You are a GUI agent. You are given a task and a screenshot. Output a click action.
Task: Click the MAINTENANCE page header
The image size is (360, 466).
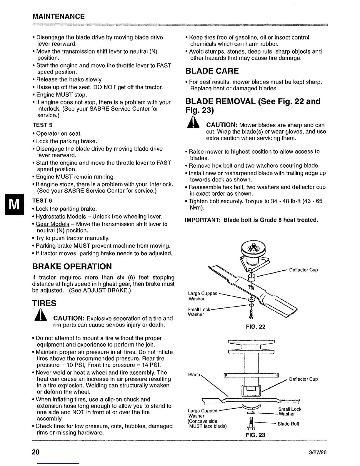(x=59, y=16)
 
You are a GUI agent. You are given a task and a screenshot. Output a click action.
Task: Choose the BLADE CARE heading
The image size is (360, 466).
(x=212, y=71)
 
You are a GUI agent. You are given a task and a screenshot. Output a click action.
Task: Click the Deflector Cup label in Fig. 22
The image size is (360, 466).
(x=303, y=270)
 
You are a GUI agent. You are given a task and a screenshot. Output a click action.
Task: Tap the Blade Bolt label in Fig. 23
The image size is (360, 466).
(x=289, y=424)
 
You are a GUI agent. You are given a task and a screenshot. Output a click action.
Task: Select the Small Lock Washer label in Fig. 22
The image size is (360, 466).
(x=199, y=312)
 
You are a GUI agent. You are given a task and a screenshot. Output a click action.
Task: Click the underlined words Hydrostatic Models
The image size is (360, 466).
(x=61, y=217)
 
